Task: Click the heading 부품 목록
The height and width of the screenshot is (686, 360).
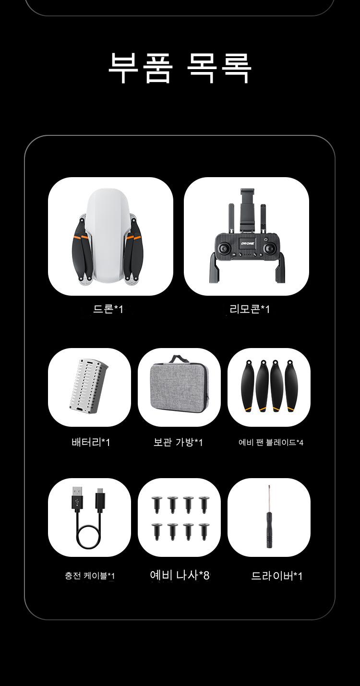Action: [x=180, y=68]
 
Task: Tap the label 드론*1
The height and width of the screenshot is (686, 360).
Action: [x=108, y=309]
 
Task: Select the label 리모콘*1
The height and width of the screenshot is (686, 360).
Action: [x=250, y=309]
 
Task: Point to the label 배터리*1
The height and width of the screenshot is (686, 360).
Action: [x=91, y=442]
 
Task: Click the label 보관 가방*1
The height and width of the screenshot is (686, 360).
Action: [x=178, y=442]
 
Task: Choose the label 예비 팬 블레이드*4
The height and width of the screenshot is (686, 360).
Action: [x=271, y=443]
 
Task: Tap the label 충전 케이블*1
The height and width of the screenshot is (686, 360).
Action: [x=90, y=576]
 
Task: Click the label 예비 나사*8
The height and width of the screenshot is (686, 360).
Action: [x=180, y=575]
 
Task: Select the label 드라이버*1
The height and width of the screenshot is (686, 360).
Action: [x=277, y=576]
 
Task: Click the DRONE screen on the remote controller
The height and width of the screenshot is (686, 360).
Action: [x=247, y=243]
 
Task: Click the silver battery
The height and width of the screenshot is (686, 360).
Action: [x=88, y=386]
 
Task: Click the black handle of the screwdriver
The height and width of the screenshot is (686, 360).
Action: [x=269, y=530]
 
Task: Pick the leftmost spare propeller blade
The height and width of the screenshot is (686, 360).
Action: [x=248, y=385]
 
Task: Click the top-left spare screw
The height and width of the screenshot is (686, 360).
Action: [x=156, y=505]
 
